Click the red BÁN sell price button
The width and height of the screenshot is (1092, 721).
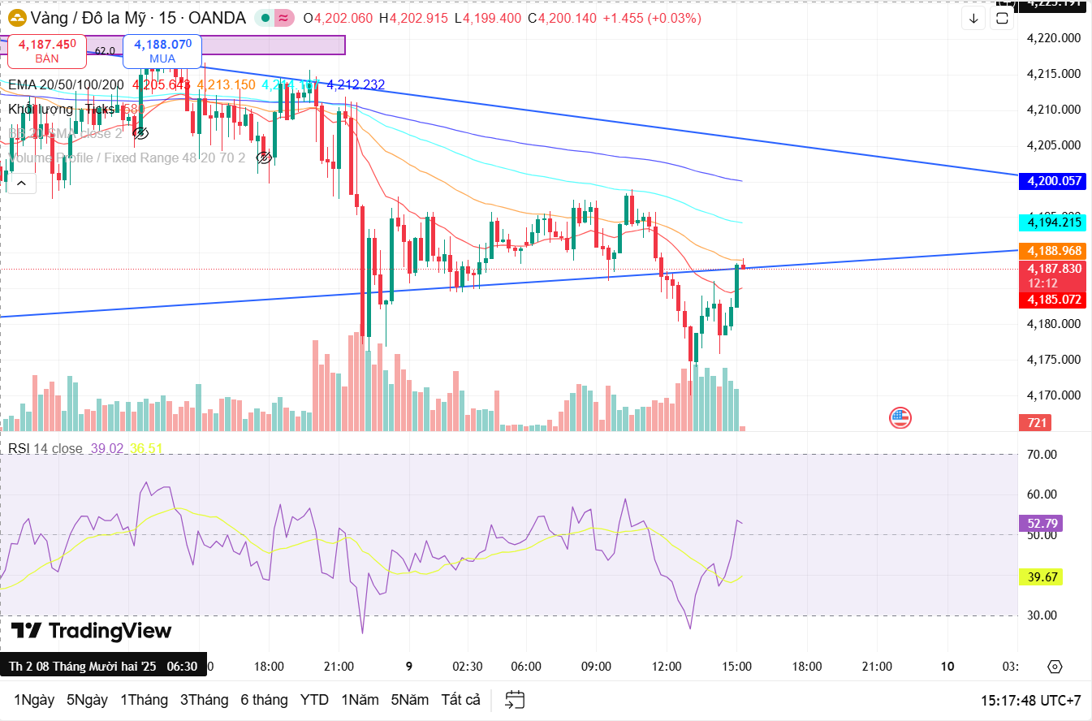[47, 50]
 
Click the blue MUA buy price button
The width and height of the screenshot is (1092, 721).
[162, 50]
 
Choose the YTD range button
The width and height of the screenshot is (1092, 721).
[314, 700]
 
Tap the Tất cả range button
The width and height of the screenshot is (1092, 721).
[461, 700]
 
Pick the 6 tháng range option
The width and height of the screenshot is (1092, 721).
[264, 700]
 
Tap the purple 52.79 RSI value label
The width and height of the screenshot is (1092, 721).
[1039, 524]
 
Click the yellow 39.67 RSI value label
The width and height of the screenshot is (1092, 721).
[1039, 576]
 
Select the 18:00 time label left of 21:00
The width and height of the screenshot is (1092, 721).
[269, 666]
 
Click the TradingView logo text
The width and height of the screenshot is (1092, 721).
[92, 631]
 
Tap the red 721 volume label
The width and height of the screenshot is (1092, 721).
[1038, 422]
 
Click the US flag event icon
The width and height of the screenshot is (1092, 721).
[900, 418]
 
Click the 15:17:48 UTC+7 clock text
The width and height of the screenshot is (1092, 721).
[1030, 700]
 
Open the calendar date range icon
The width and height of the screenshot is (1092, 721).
[515, 700]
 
